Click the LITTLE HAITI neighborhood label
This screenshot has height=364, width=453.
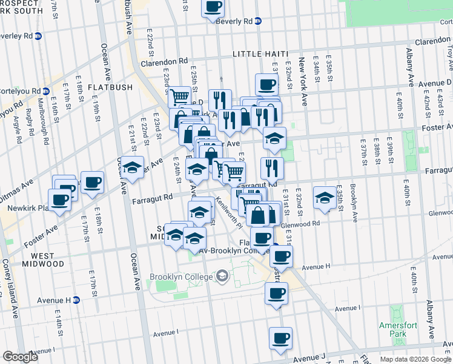[x=259, y=54]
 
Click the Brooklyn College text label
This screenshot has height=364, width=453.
[x=182, y=277]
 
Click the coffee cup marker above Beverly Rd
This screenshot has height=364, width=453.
[x=213, y=7]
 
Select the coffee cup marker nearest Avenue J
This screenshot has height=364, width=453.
[x=280, y=338]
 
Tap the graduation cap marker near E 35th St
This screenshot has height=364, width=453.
[x=325, y=198]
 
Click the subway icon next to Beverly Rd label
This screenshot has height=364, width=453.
[x=258, y=21]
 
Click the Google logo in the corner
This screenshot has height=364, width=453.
[x=21, y=356]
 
